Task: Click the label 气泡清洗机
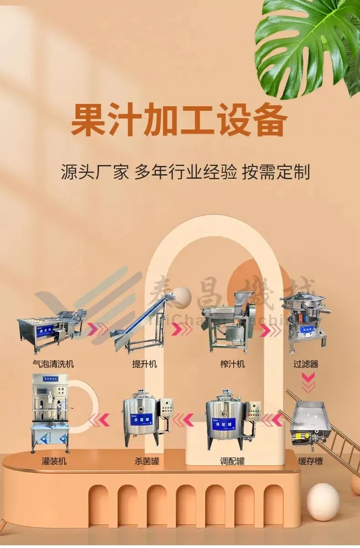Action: point(53,364)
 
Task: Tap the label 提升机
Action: point(144,364)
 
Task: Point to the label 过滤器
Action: point(306,364)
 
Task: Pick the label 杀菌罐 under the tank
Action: point(147,461)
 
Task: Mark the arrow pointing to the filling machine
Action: point(99,419)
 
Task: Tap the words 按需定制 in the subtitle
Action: point(276,172)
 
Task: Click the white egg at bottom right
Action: point(323,501)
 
